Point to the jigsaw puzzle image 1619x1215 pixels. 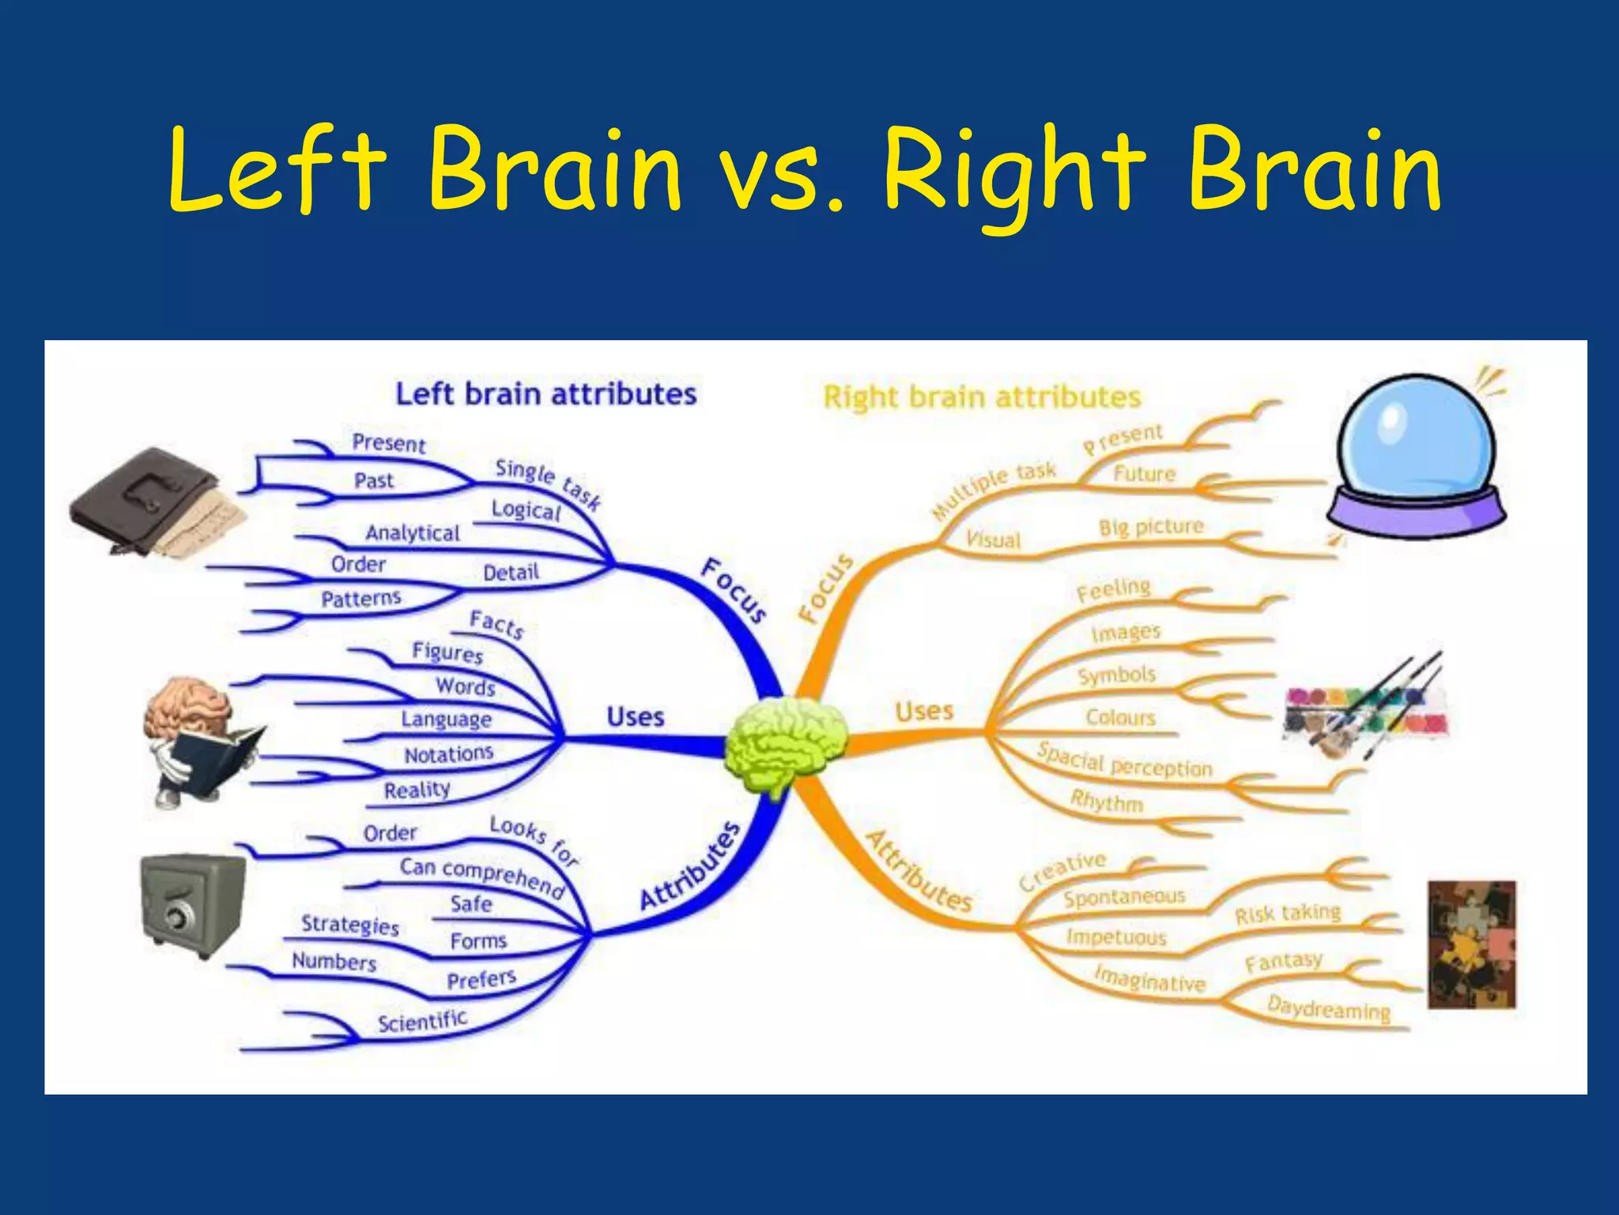coord(1472,944)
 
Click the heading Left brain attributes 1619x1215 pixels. coord(545,394)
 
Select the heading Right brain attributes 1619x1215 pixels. coord(982,397)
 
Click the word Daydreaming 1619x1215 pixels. coord(1328,1009)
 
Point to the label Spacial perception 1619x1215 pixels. coord(1124,762)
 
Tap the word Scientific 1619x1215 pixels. coord(422,1021)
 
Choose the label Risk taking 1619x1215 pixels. coord(1288,914)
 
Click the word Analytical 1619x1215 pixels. coord(412,533)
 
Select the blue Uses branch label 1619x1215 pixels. coord(635,717)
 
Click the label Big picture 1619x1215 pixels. coord(1151,528)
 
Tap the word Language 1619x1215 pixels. coord(446,719)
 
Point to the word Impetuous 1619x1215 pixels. coord(1116,937)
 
